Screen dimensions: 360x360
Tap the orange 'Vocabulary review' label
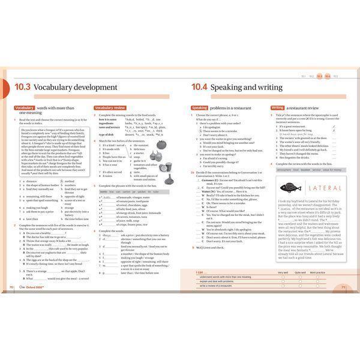click(x=109, y=108)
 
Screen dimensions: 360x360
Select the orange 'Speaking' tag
click(x=199, y=108)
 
